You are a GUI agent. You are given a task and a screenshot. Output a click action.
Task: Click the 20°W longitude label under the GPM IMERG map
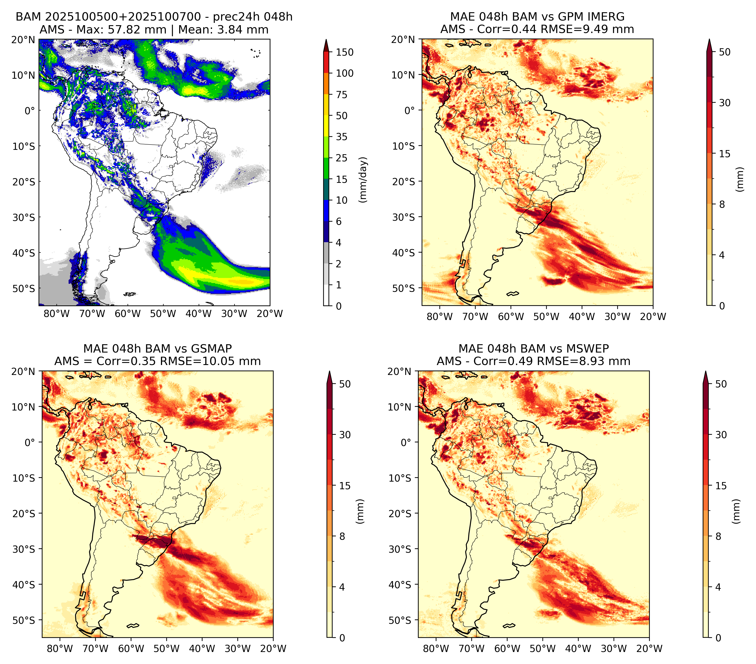click(x=653, y=317)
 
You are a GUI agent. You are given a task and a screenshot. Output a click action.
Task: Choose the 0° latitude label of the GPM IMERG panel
click(x=409, y=110)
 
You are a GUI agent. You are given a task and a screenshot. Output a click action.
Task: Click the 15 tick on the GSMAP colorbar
click(x=345, y=486)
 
